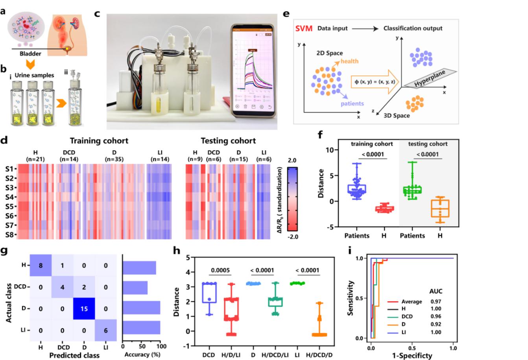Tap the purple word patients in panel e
point(352,104)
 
